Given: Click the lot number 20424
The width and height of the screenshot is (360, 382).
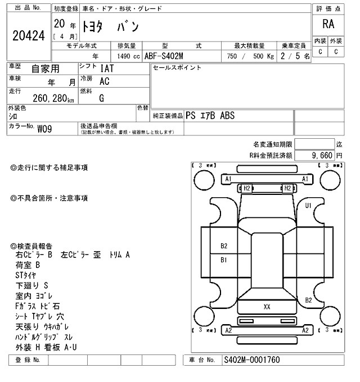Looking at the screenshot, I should pyautogui.click(x=29, y=35).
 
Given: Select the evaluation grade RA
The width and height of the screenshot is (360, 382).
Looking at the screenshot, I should pyautogui.click(x=328, y=24).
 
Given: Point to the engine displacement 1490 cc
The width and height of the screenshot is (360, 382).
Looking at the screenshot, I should pyautogui.click(x=128, y=56).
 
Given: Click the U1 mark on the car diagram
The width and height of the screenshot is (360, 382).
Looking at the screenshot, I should pyautogui.click(x=308, y=206).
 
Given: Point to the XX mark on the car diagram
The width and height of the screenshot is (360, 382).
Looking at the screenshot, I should pyautogui.click(x=267, y=307).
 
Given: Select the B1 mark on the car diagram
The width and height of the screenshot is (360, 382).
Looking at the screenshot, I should pyautogui.click(x=223, y=260).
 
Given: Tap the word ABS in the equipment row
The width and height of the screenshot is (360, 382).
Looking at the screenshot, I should pyautogui.click(x=227, y=116).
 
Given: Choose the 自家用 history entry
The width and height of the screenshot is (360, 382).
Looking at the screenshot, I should pyautogui.click(x=44, y=69).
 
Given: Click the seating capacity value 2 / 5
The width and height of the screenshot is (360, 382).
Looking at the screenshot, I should pyautogui.click(x=296, y=56).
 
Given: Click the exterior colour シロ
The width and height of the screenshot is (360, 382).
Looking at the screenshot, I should pyautogui.click(x=12, y=116).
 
